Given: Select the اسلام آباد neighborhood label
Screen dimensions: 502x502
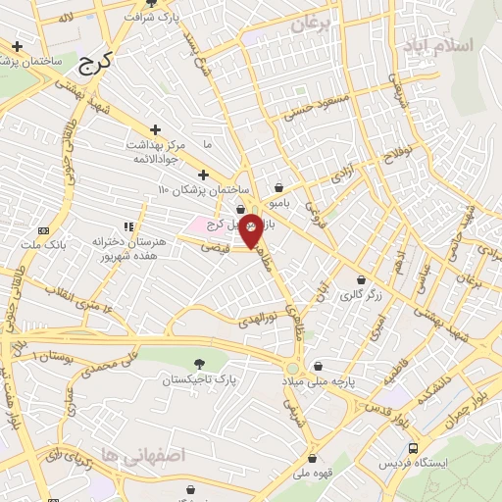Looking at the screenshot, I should point(444,45).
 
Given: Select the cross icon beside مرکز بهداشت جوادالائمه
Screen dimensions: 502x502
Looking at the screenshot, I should point(155,129).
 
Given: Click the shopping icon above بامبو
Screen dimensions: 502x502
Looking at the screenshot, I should point(279,186).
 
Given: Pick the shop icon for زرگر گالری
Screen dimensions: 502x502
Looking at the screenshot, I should point(361,279).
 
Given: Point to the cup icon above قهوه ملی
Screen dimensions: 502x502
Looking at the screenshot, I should point(312,457).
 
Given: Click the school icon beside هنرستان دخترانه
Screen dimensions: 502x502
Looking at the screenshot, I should point(127,227).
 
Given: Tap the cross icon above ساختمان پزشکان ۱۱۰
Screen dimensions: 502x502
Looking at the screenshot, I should point(203,175).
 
